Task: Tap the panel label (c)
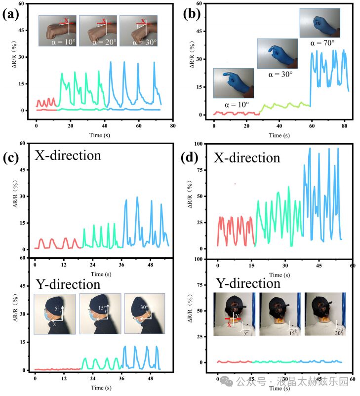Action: tap(10, 158)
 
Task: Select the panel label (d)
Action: tap(191, 158)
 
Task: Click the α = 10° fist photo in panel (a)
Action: tap(58, 31)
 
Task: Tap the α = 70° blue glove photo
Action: tap(319, 23)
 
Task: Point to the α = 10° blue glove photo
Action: tap(233, 83)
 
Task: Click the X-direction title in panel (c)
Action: tap(68, 156)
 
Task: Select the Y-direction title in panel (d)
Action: tap(248, 283)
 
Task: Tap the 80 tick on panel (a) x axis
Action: tap(172, 126)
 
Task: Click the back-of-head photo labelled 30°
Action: tap(325, 315)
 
